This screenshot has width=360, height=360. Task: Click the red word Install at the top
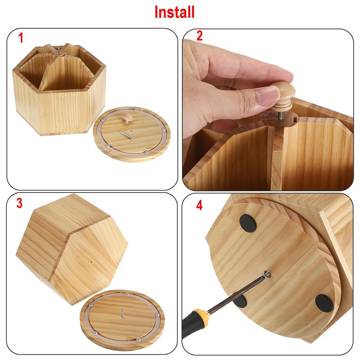(x=174, y=12)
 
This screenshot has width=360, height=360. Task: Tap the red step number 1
(x=21, y=38)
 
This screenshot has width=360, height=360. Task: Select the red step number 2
(x=199, y=36)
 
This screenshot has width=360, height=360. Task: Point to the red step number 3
(x=20, y=203)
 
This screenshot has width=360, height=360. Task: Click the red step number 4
(x=199, y=206)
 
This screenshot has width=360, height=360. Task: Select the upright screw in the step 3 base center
(x=121, y=312)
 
